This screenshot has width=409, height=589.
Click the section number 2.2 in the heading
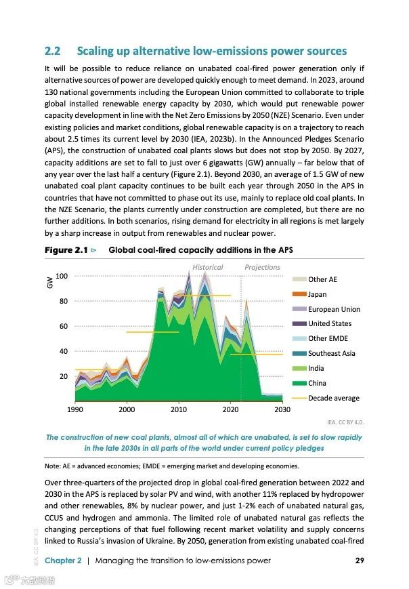pyautogui.click(x=53, y=52)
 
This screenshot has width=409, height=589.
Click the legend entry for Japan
pyautogui.click(x=317, y=294)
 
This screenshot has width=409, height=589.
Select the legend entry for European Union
pyautogui.click(x=334, y=309)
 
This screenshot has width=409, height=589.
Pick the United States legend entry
pyautogui.click(x=329, y=324)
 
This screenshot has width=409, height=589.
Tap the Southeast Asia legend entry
pyautogui.click(x=331, y=353)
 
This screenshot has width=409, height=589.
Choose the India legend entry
pyautogui.click(x=316, y=368)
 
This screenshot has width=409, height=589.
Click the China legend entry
pyautogui.click(x=317, y=383)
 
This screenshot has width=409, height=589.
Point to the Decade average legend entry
pyautogui.click(x=333, y=398)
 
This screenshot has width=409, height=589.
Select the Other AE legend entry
pyautogui.click(x=322, y=279)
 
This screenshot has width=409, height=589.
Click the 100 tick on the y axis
pyautogui.click(x=62, y=276)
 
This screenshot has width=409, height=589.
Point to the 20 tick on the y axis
pyautogui.click(x=63, y=376)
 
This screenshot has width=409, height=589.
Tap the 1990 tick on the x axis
pyautogui.click(x=75, y=410)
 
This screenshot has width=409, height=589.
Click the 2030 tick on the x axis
pyautogui.click(x=282, y=410)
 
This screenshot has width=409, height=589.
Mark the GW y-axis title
pyautogui.click(x=49, y=285)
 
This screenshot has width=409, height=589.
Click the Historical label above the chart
pyautogui.click(x=207, y=267)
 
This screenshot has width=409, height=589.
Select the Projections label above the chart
pyautogui.click(x=262, y=267)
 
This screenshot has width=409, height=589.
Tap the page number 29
pyautogui.click(x=360, y=560)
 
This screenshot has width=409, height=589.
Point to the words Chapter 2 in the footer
pyautogui.click(x=63, y=560)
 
